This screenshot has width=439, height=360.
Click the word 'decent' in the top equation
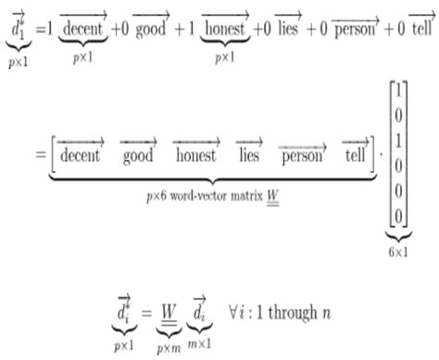pos(82,29)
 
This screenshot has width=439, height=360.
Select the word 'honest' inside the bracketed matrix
pos(195,155)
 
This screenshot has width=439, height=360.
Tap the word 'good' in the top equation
pos(151,30)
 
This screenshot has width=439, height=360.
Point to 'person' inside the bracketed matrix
pos(302,156)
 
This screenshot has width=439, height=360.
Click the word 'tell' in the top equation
pos(421,29)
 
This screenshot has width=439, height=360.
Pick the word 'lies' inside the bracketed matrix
pos(249,155)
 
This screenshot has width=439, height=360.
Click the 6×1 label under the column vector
pos(398,252)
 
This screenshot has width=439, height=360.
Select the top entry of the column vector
pos(398,91)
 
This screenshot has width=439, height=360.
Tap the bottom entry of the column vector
pos(398,216)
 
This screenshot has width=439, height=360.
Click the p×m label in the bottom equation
pos(169,348)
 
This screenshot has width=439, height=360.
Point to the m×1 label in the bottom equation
pos(199,343)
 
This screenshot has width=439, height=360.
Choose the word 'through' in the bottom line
pos(293,313)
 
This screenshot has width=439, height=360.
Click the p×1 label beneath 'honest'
pos(225,57)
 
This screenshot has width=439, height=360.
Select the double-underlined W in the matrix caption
pos(273,197)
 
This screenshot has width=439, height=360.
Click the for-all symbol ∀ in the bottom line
pos(233,312)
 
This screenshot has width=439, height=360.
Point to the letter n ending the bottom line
pos(326,315)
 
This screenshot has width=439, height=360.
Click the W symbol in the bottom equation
pos(169,314)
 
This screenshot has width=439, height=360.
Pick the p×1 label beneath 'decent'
pos(82,57)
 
